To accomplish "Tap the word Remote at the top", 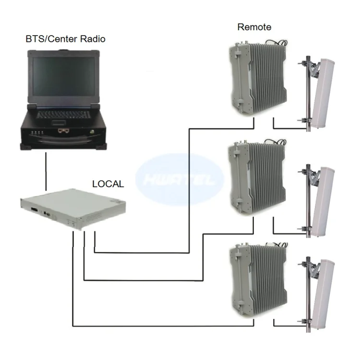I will coord(254,27).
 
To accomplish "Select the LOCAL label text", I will coord(108,183).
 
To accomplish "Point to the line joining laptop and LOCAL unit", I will coord(46,170).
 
